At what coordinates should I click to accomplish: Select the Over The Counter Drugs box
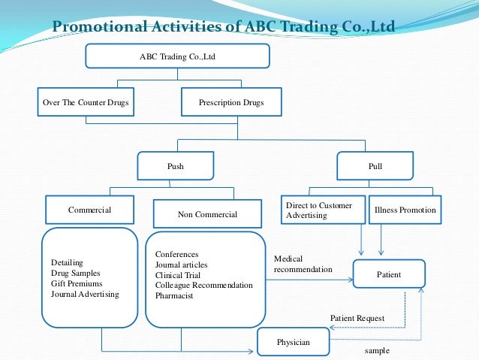pyautogui.click(x=86, y=102)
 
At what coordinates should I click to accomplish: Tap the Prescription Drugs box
pyautogui.click(x=231, y=102)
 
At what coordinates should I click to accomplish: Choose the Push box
pyautogui.click(x=175, y=165)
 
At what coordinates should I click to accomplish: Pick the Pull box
pyautogui.click(x=375, y=165)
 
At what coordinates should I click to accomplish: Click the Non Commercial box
pyautogui.click(x=207, y=214)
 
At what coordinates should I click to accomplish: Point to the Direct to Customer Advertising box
pyautogui.click(x=322, y=210)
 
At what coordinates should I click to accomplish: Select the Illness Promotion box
pyautogui.click(x=405, y=210)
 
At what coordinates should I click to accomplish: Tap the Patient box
pyautogui.click(x=389, y=275)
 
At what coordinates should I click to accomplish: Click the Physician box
pyautogui.click(x=293, y=342)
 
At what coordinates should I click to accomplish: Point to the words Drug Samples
pyautogui.click(x=76, y=273)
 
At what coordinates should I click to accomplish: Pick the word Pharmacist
pyautogui.click(x=174, y=296)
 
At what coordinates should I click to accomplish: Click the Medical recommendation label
pyautogui.click(x=303, y=264)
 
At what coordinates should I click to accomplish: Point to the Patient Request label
pyautogui.click(x=357, y=318)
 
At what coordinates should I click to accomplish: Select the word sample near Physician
pyautogui.click(x=378, y=351)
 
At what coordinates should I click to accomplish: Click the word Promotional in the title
pyautogui.click(x=101, y=29)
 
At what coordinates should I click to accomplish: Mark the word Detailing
pyautogui.click(x=68, y=262)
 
